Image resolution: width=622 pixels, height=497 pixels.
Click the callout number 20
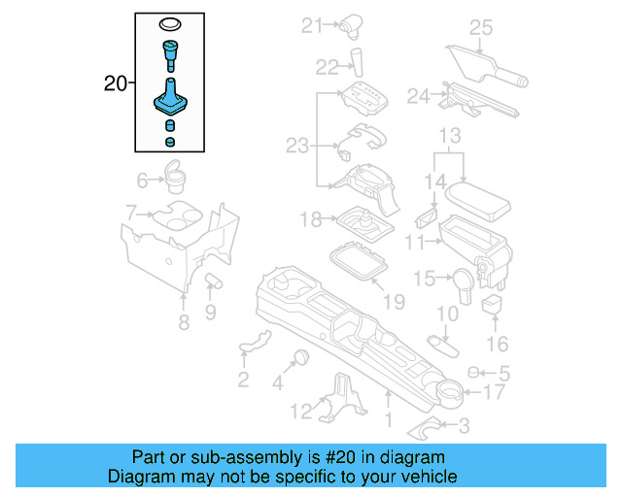(x=115, y=84)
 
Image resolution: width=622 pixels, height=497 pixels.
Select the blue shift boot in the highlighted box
(x=171, y=100)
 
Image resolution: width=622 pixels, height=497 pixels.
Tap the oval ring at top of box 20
(x=170, y=24)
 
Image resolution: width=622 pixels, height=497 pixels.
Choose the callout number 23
(x=296, y=146)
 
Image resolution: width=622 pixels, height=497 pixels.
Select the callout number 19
(x=393, y=303)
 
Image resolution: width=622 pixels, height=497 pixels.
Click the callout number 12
(x=302, y=413)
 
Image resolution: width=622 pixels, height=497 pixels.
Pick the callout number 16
(x=497, y=344)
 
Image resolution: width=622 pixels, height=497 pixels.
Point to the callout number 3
(x=464, y=424)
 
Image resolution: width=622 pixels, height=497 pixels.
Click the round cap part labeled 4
(x=300, y=356)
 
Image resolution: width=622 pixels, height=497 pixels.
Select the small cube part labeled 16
(x=492, y=306)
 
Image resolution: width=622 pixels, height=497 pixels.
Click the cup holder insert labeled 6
(x=177, y=178)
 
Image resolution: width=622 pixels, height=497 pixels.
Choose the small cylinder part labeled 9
(x=214, y=282)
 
